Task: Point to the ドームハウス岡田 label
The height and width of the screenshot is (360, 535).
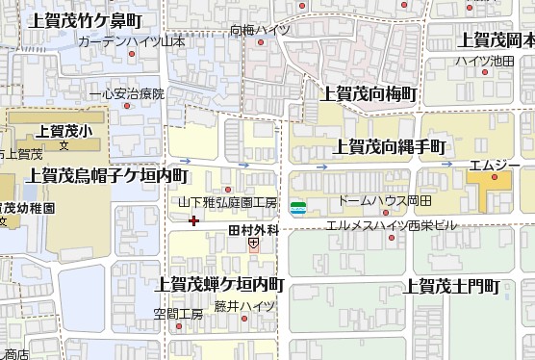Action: (x=384, y=201)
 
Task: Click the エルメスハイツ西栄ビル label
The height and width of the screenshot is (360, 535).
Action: (x=391, y=225)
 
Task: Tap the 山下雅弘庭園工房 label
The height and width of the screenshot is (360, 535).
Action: (x=227, y=203)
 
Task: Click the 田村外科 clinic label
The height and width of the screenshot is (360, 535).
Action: (x=253, y=230)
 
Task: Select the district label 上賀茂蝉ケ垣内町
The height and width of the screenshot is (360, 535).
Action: (x=219, y=284)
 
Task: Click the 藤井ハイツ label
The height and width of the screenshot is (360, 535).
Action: (x=244, y=306)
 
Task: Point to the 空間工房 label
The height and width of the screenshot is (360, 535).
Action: (x=178, y=314)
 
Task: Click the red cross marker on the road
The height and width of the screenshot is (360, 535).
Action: (x=194, y=221)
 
